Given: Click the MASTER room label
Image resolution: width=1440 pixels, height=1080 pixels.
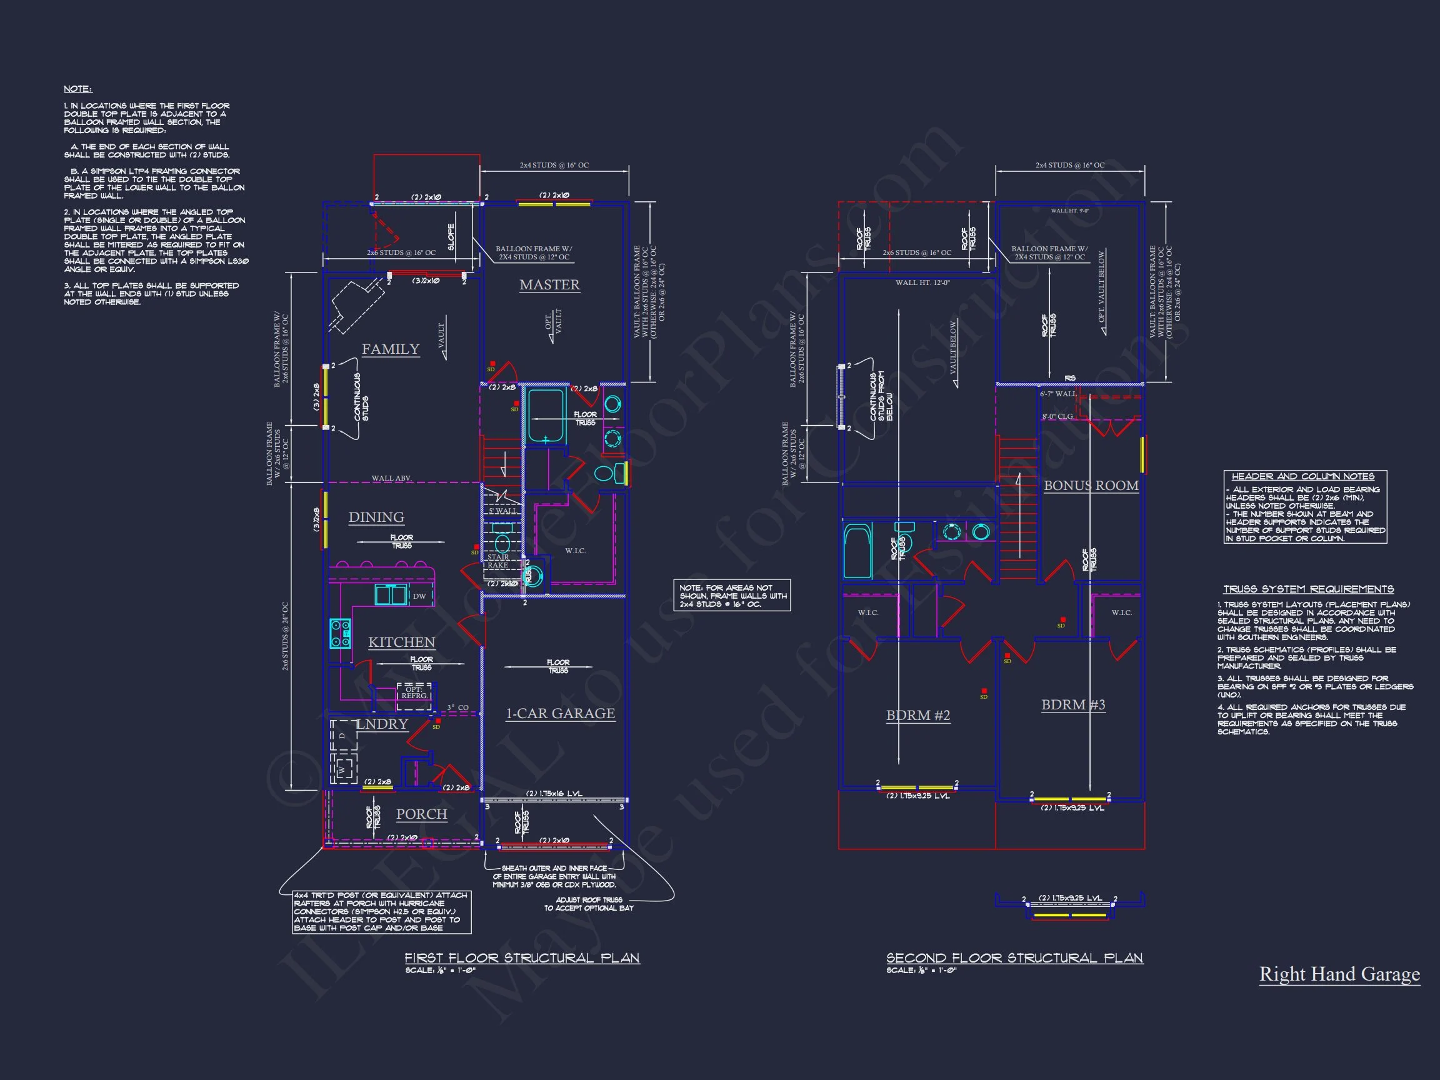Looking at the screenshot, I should (549, 284).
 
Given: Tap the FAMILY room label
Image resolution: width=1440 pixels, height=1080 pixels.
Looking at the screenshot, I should (391, 349).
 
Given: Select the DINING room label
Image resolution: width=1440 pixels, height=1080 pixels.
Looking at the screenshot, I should (376, 517).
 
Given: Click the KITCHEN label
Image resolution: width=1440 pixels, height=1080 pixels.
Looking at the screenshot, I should (402, 642).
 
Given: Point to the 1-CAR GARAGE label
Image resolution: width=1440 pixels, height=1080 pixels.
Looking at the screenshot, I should (561, 713).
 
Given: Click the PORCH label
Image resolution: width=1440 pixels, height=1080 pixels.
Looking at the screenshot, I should (422, 814).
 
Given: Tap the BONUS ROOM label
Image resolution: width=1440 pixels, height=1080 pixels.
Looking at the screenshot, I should (1091, 485).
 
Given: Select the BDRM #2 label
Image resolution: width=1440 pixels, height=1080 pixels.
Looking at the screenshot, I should (918, 715).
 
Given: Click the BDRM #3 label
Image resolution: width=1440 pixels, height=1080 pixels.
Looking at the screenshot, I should (1073, 704).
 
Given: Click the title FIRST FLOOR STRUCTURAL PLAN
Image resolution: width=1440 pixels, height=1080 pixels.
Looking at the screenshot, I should (522, 957).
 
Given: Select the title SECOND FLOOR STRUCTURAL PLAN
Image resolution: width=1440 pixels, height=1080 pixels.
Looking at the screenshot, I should (1014, 957).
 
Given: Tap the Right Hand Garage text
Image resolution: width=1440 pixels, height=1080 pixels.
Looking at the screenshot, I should (1339, 974).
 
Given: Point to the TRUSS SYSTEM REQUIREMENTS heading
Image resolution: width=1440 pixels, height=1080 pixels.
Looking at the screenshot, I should (1308, 589).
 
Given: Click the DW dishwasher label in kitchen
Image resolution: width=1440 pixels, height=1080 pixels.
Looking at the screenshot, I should (419, 596).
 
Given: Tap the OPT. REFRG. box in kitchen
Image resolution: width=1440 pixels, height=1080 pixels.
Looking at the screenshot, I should (414, 692).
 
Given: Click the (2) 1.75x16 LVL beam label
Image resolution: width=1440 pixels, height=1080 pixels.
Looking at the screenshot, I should (554, 793).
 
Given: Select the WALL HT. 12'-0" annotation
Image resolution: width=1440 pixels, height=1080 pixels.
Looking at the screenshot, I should (922, 282).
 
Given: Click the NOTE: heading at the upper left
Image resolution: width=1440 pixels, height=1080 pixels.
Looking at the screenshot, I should (77, 89).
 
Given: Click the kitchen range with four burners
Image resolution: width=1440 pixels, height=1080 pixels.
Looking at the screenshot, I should (340, 632).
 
